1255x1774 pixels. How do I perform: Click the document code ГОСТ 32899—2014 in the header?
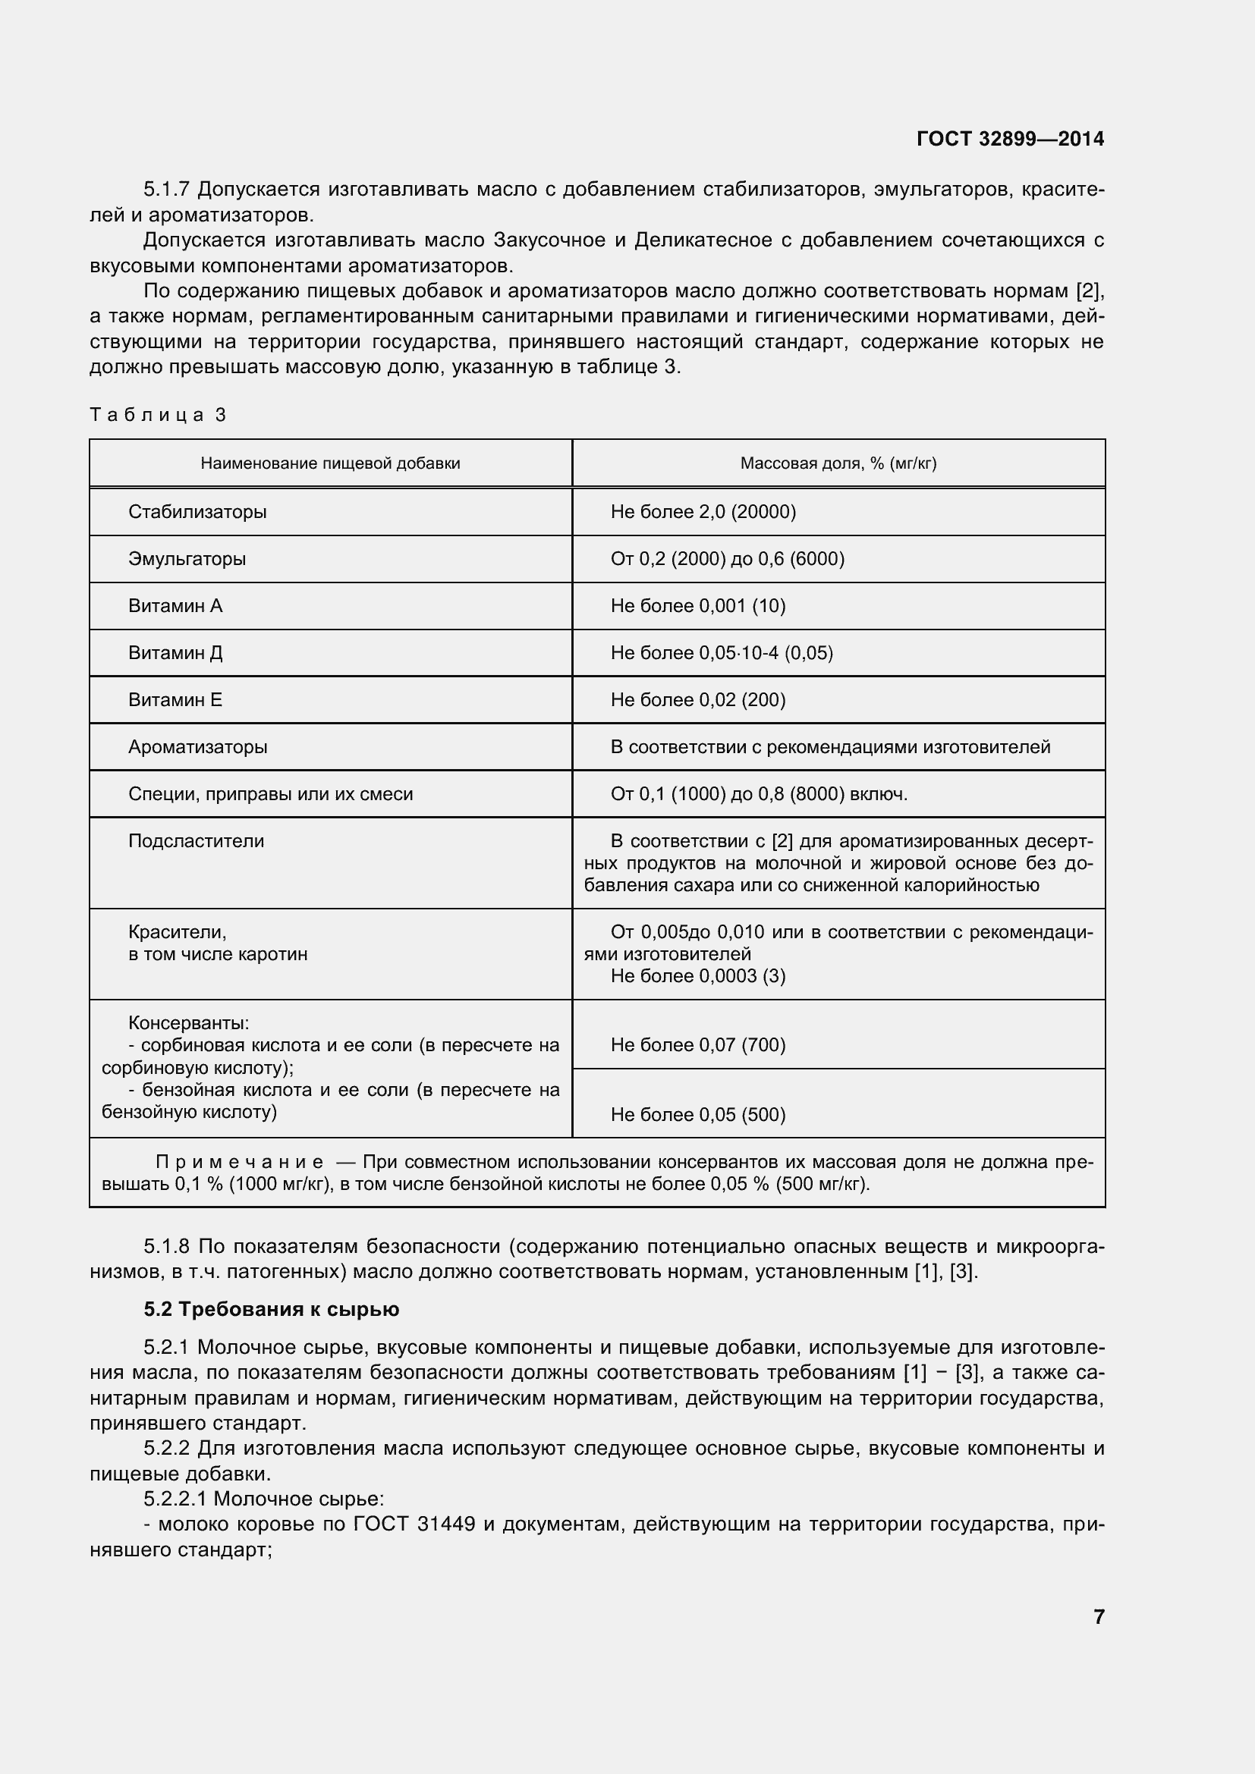tap(1010, 139)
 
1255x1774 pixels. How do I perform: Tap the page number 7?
tap(1099, 1615)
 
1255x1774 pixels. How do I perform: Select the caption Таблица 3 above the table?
tap(158, 415)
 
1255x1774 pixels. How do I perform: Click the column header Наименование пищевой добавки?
tap(330, 463)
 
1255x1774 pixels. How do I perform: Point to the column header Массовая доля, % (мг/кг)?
tap(838, 463)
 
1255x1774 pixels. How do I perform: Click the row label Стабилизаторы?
tap(197, 511)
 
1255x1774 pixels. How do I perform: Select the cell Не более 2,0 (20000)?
tap(703, 511)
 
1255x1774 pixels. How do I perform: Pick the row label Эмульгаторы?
tap(187, 559)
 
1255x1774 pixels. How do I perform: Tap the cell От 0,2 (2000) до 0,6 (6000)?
tap(727, 559)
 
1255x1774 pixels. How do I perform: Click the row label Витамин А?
tap(175, 606)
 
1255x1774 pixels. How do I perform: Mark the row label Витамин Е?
tap(175, 700)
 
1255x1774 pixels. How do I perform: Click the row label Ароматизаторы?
tap(198, 747)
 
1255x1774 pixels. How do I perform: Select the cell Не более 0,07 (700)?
tap(698, 1044)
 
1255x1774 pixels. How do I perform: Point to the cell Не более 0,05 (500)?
tap(698, 1114)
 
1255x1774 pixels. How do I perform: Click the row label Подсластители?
tap(197, 840)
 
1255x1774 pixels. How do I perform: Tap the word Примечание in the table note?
tap(240, 1162)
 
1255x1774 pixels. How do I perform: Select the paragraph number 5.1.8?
tap(167, 1246)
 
